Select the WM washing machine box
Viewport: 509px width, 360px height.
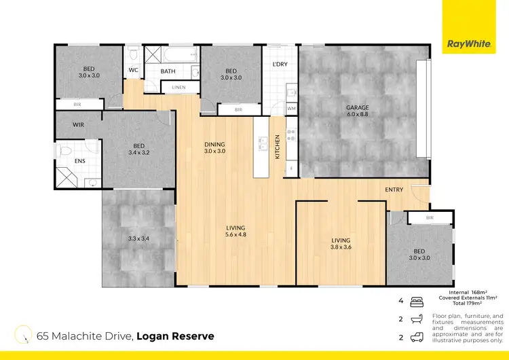pos(291,109)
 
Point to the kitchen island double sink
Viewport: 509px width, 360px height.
pos(262,143)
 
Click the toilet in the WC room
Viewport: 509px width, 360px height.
pos(134,55)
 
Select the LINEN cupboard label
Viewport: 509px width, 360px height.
pos(178,87)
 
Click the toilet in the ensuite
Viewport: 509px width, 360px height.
pos(66,150)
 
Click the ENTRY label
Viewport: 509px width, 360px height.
pos(395,190)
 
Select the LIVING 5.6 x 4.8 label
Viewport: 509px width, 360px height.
pos(235,232)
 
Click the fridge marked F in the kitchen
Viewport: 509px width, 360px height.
pos(291,167)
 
